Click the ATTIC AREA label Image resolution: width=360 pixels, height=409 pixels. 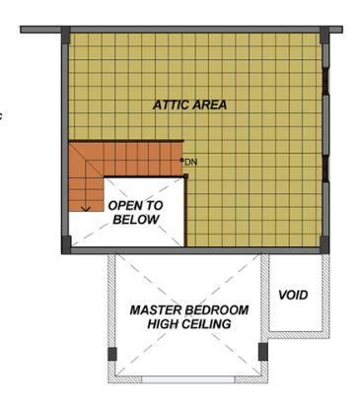pos(189,104)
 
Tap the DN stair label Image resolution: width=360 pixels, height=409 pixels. pos(190,162)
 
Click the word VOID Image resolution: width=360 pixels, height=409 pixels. pos(293,295)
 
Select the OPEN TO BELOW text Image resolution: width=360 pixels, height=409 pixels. pos(135,212)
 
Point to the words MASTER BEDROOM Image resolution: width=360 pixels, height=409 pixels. pos(189,310)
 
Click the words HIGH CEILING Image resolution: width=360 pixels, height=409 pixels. pos(189,324)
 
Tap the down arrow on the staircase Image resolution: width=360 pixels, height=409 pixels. pos(86,208)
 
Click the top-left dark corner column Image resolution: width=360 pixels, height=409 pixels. pos(66,35)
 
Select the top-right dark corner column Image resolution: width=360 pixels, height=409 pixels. pos(324,35)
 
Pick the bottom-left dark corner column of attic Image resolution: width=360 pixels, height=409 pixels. pos(66,244)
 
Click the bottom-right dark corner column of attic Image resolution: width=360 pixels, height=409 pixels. pos(324,244)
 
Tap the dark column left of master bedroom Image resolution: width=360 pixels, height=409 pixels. pos(112,354)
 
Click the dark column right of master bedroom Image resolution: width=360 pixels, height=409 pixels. pos(263,352)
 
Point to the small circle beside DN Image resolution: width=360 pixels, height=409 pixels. pos(181,160)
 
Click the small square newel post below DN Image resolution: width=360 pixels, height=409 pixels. pos(185,176)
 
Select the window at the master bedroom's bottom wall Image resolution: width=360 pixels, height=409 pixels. pos(188,379)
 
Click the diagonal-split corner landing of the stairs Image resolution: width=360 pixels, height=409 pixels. pos(86,160)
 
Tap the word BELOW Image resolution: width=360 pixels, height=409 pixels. pos(136,219)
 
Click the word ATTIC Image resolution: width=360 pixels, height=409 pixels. pos(171,104)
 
